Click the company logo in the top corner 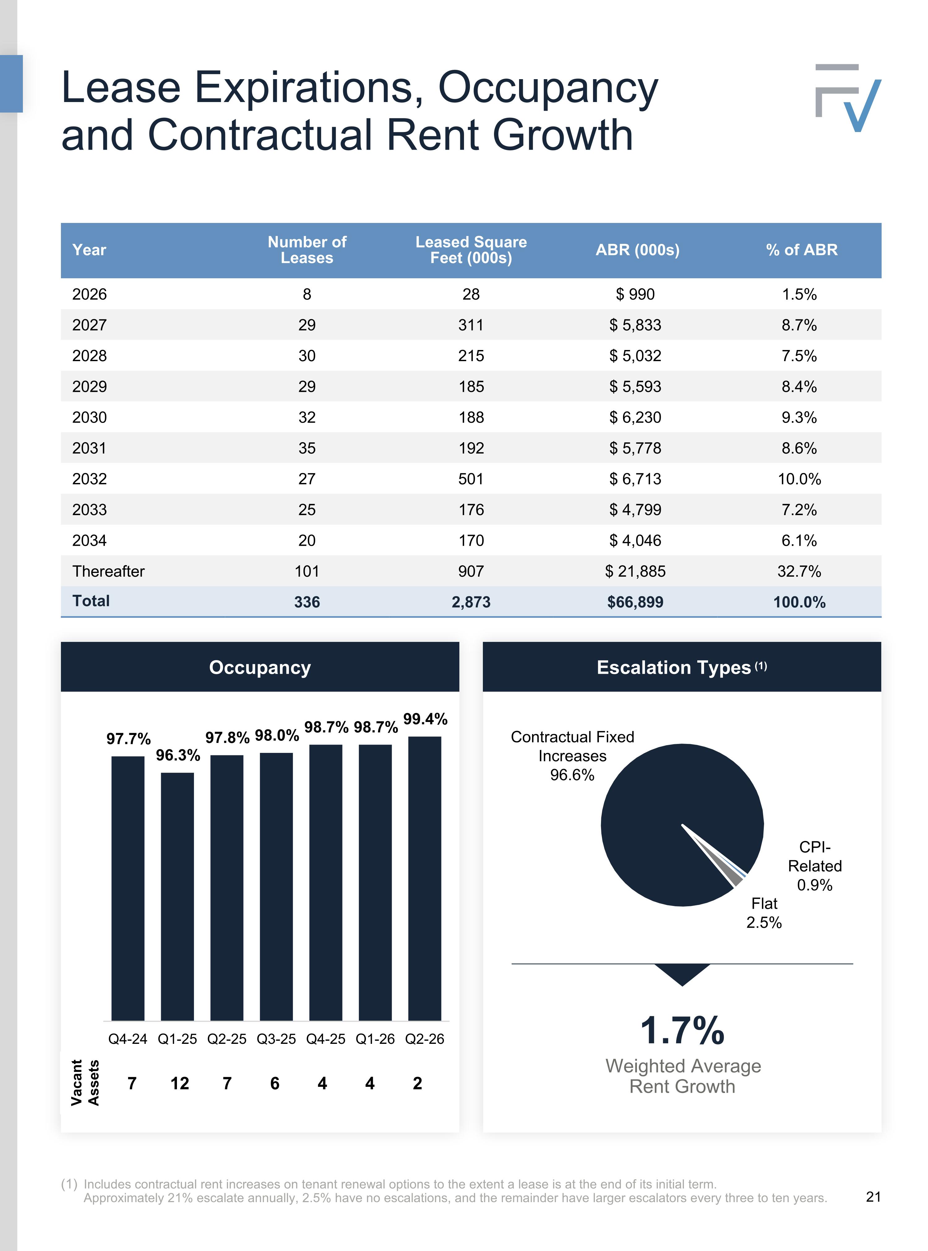848,98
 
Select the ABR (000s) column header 638,250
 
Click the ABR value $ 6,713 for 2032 635,479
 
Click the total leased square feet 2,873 471,602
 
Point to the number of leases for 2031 307,448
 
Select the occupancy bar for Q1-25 178,897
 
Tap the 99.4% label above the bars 425,719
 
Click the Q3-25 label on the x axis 276,1039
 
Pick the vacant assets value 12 180,1083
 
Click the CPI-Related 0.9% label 814,866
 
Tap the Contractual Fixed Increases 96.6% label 572,756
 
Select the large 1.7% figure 682,1030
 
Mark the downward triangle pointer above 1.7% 682,973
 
